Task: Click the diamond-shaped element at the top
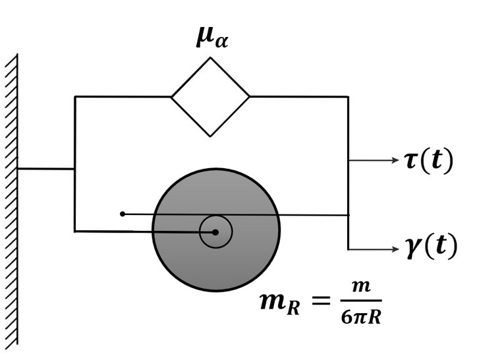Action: [x=210, y=97]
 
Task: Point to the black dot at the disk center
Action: [x=215, y=232]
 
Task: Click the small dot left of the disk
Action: [x=122, y=214]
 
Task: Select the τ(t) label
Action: [x=429, y=160]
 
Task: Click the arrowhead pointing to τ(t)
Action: [x=395, y=160]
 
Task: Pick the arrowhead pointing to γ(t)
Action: [x=395, y=249]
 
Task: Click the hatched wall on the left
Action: [x=11, y=198]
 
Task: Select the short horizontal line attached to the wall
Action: [x=45, y=169]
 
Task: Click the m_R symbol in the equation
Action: [x=280, y=302]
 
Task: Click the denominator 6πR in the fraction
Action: [x=361, y=316]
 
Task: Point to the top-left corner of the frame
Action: [x=75, y=97]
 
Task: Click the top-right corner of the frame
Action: [x=348, y=97]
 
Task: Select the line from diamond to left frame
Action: [x=123, y=97]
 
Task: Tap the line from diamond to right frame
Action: [x=298, y=97]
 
